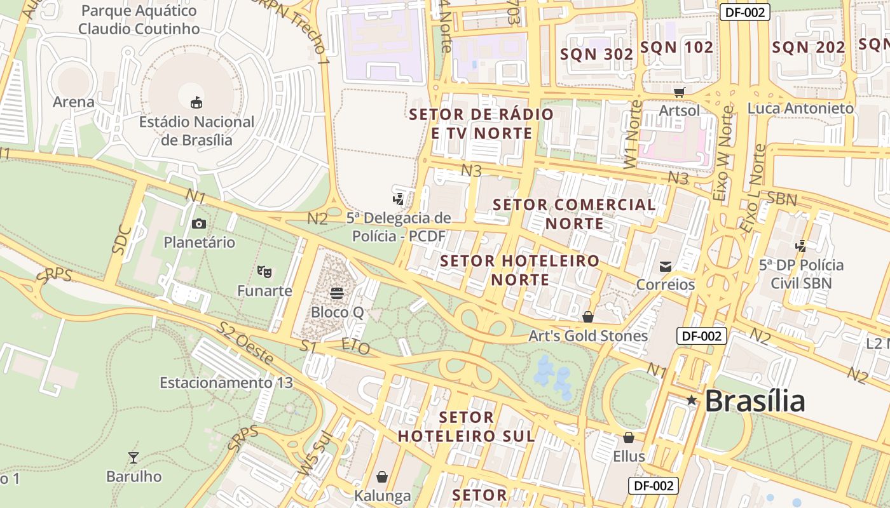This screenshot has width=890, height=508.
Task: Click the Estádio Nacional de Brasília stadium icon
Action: click(x=197, y=102)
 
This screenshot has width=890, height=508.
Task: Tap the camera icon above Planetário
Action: click(x=199, y=224)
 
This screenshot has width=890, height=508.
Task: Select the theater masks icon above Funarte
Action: click(x=265, y=272)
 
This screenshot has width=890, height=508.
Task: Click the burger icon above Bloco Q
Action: click(x=337, y=293)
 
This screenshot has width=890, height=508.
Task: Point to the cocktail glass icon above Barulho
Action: click(x=133, y=457)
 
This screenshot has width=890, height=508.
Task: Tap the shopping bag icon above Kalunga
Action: click(x=382, y=476)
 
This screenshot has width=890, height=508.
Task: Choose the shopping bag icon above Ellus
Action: click(x=629, y=438)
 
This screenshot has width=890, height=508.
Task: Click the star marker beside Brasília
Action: click(x=692, y=401)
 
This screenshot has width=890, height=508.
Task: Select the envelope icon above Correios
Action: click(x=666, y=267)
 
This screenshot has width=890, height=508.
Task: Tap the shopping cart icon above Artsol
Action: click(x=679, y=92)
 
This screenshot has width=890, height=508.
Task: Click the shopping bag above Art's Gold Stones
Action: click(x=588, y=317)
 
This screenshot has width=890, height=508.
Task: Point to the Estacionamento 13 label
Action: click(x=226, y=383)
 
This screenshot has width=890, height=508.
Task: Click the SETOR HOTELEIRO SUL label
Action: click(x=466, y=427)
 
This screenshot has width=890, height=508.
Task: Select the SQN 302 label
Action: click(x=596, y=55)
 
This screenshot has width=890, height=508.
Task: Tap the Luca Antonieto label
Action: click(x=800, y=109)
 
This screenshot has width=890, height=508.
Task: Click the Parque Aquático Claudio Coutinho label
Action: click(x=139, y=20)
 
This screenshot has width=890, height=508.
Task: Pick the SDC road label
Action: click(x=121, y=240)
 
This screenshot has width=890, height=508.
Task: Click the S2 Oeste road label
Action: click(x=246, y=343)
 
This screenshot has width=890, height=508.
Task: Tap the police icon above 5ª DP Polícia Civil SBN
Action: click(x=801, y=246)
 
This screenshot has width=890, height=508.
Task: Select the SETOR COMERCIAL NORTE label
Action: click(x=574, y=214)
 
